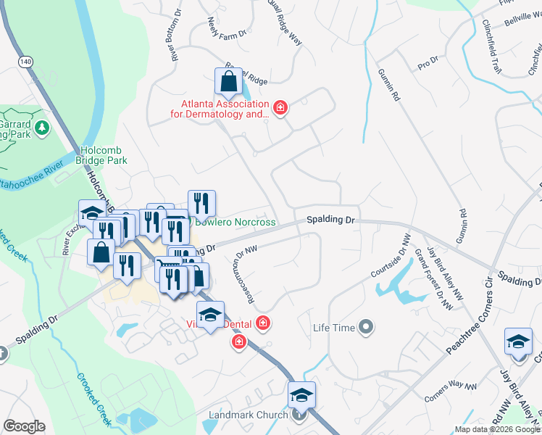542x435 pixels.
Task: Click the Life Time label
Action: [333, 328]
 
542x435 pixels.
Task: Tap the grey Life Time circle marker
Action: [366, 328]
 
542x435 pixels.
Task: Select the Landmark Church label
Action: [249, 415]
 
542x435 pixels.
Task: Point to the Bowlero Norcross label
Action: [237, 221]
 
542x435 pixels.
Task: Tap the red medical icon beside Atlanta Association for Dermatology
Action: [281, 109]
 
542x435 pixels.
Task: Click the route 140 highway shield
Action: [26, 62]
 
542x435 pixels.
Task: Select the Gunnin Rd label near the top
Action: [389, 85]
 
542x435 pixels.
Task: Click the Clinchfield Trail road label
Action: [491, 46]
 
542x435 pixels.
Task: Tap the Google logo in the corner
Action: [25, 426]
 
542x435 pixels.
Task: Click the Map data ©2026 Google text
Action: [497, 429]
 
